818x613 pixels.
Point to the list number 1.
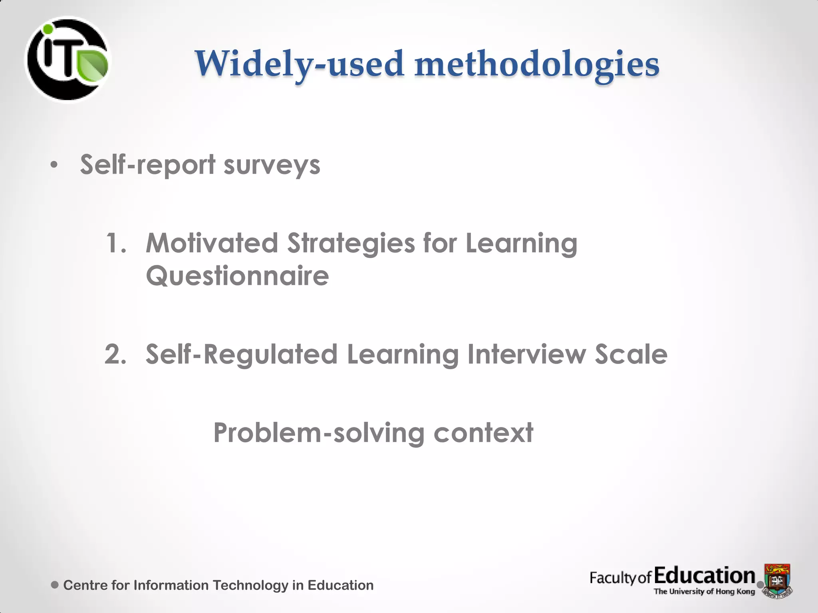(x=115, y=243)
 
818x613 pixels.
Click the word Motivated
(x=212, y=243)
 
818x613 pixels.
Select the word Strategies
(x=351, y=244)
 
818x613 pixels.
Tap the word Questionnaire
(x=237, y=276)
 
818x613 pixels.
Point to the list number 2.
(x=115, y=354)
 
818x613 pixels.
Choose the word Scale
(x=631, y=354)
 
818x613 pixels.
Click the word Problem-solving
(x=319, y=433)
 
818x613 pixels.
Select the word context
(x=483, y=433)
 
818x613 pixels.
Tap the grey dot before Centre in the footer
(x=55, y=585)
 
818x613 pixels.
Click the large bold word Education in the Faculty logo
(x=705, y=576)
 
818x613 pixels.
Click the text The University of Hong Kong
(x=704, y=591)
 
